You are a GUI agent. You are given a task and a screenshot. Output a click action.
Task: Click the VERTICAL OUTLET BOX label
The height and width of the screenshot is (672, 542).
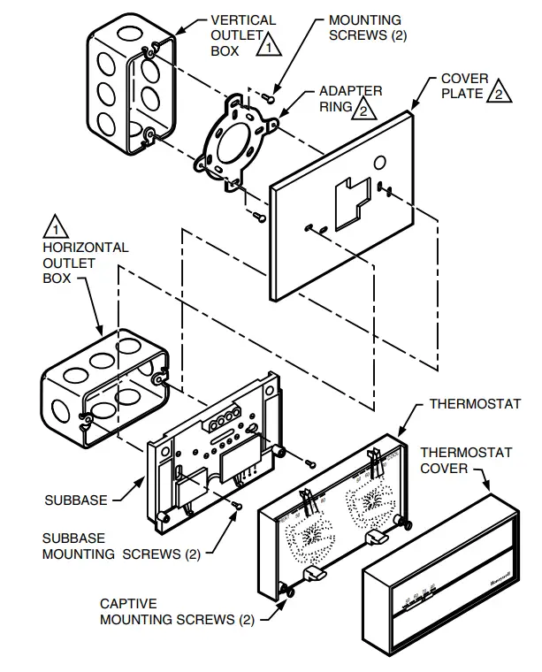click(242, 34)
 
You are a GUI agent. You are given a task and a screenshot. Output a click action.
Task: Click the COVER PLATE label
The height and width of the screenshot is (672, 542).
click(463, 86)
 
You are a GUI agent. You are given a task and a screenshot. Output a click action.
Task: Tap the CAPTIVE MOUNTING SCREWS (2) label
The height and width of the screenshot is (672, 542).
click(168, 612)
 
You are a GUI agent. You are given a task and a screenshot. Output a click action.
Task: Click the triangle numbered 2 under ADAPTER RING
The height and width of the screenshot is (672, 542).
click(363, 109)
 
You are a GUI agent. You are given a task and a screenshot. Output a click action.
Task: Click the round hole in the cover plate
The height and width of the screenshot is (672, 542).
click(378, 163)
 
